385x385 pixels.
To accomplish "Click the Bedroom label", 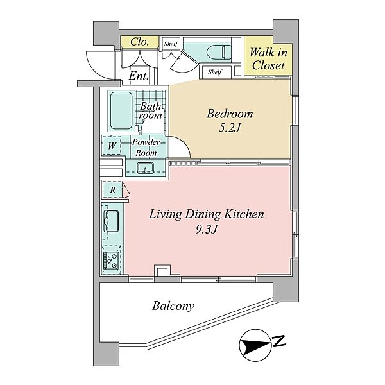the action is click(x=230, y=114).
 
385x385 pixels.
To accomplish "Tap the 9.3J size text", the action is click(x=207, y=229).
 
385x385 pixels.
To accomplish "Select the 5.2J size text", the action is click(x=229, y=128).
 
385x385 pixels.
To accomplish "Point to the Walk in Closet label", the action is click(x=268, y=59).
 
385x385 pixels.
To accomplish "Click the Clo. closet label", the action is click(x=140, y=42).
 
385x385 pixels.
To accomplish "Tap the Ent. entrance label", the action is click(x=139, y=76).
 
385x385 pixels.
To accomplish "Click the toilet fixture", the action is click(x=219, y=52).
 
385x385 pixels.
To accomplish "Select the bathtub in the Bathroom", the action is click(x=121, y=111).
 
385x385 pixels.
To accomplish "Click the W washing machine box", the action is click(x=112, y=146).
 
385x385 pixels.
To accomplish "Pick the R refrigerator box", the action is click(x=112, y=189).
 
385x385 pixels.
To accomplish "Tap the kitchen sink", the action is click(x=112, y=221).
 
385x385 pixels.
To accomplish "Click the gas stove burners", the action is click(x=112, y=261).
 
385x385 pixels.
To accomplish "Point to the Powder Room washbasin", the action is click(x=146, y=167).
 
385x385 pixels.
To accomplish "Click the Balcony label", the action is click(x=173, y=306).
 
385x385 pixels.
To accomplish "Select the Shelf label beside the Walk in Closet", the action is click(x=215, y=72).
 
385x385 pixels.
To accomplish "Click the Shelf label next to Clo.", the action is click(x=171, y=44).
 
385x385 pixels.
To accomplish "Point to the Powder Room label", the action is click(x=146, y=148).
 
